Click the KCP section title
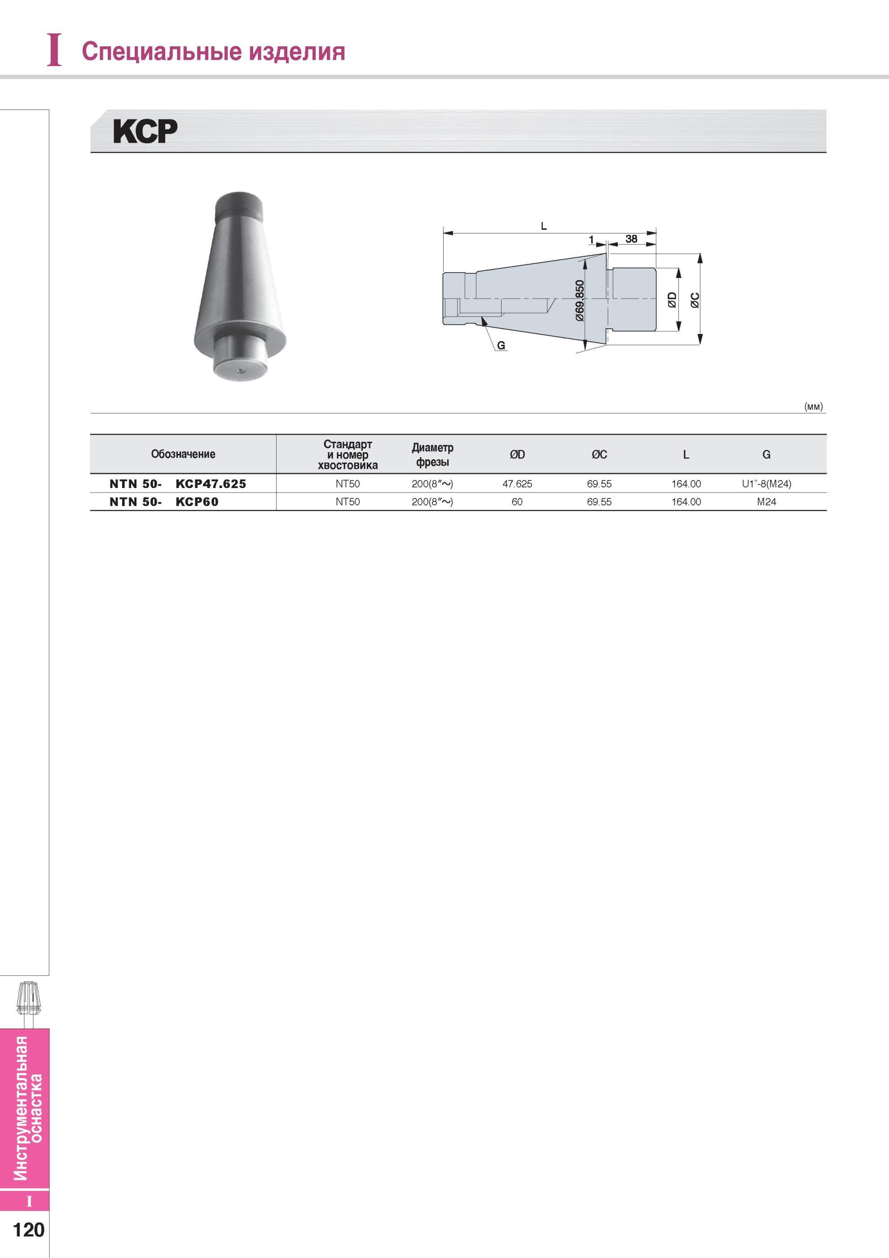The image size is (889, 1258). pyautogui.click(x=145, y=132)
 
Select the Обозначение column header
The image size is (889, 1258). pyautogui.click(x=183, y=454)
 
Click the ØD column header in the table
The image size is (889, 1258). pyautogui.click(x=517, y=455)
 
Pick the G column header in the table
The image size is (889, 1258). pyautogui.click(x=766, y=455)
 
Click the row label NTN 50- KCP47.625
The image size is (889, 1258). pyautogui.click(x=178, y=484)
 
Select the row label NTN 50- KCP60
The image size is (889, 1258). pyautogui.click(x=164, y=502)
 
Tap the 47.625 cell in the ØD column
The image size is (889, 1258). pyautogui.click(x=517, y=484)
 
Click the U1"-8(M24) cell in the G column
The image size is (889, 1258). pyautogui.click(x=766, y=484)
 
